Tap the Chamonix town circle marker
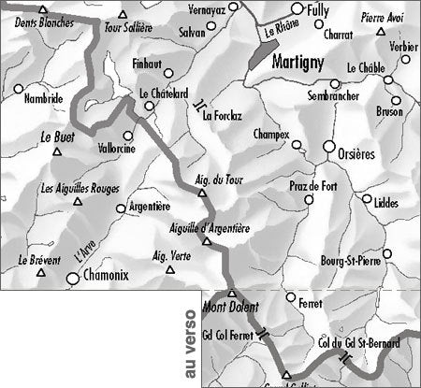point(73,277)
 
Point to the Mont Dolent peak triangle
point(233,294)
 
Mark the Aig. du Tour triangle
point(201,194)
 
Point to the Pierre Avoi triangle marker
point(381,32)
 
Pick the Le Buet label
point(57,137)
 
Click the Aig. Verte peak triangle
point(170,270)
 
